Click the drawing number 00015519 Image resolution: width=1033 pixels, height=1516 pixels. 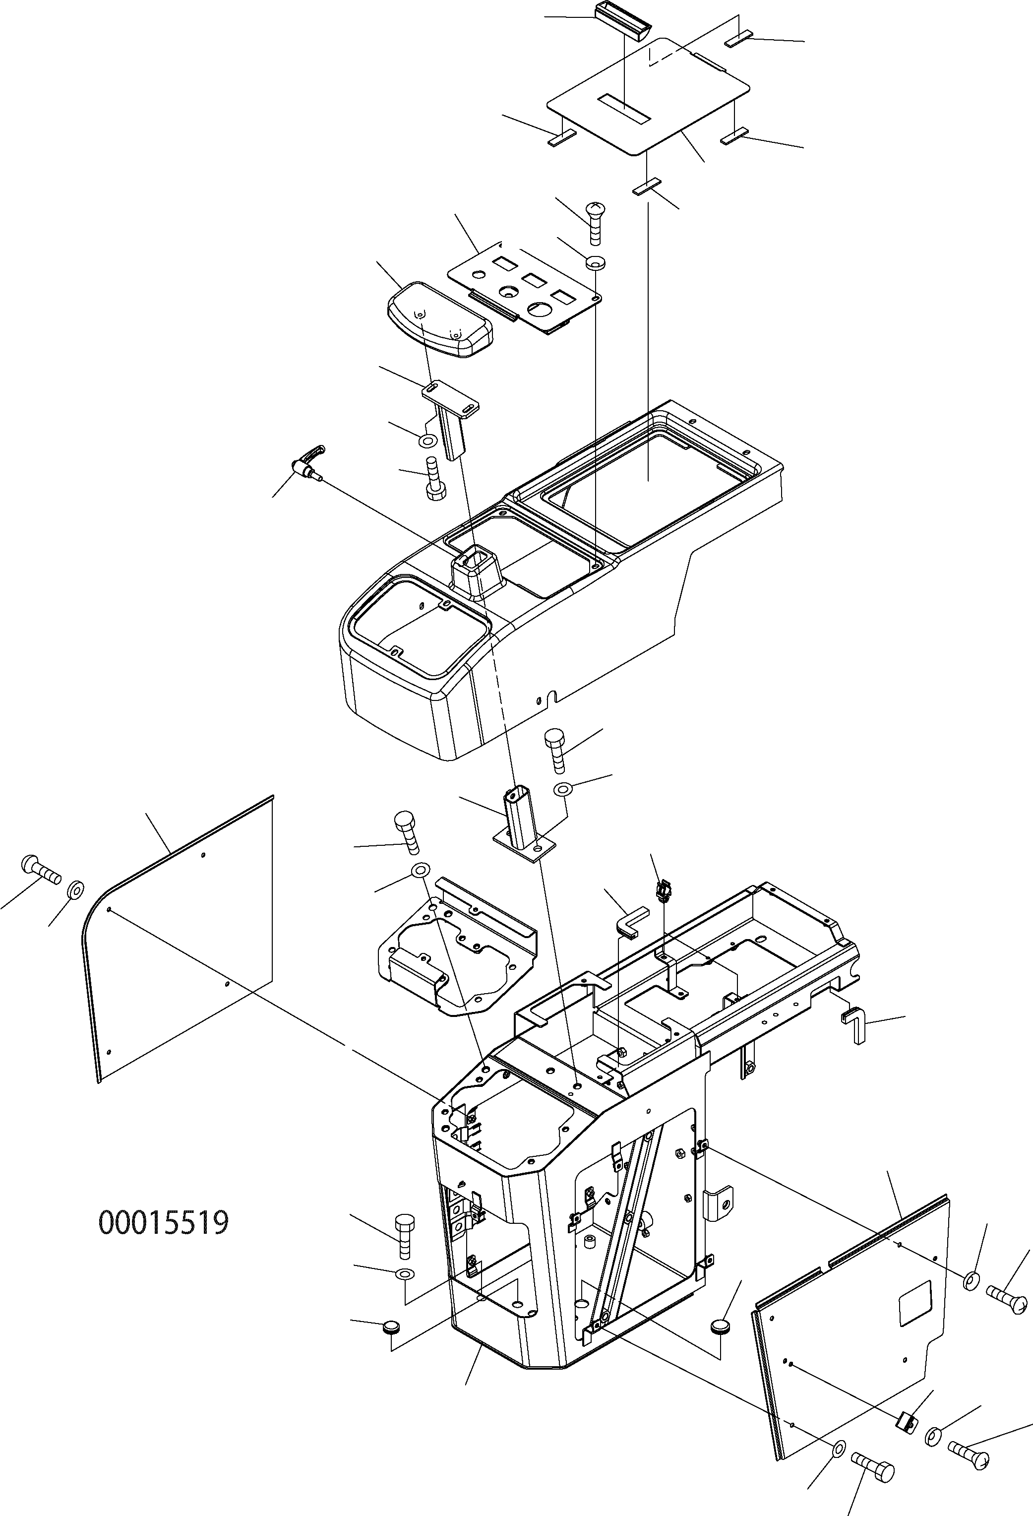pyautogui.click(x=164, y=1222)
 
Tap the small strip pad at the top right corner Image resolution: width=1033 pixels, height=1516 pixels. pyautogui.click(x=739, y=40)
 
